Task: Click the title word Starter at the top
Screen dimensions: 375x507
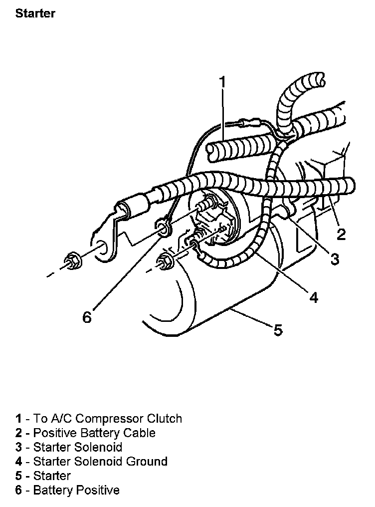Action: (35, 13)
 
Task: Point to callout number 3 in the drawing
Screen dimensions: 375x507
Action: (335, 258)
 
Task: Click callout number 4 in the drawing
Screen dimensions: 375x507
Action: (313, 297)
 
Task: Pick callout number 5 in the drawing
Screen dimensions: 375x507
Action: (278, 329)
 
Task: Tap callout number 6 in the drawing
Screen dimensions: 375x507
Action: (87, 317)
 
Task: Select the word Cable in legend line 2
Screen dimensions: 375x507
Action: (140, 433)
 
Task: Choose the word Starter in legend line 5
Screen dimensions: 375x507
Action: (52, 476)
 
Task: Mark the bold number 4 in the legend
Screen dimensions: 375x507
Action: (18, 462)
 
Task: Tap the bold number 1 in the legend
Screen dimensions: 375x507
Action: (18, 418)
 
